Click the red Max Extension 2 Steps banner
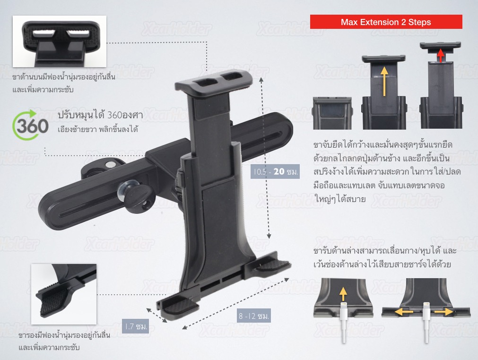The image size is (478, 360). click(x=386, y=22)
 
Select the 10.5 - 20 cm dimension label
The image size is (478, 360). click(x=275, y=171)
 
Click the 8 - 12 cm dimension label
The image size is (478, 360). click(x=254, y=316)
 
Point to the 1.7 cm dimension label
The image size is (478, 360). click(x=136, y=326)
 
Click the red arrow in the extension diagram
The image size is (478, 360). click(x=440, y=55)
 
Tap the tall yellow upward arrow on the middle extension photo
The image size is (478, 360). click(x=384, y=80)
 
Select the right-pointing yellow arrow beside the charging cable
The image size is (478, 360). click(x=444, y=311)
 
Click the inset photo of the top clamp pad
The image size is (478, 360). click(x=60, y=42)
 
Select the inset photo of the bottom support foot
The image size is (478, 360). click(x=64, y=294)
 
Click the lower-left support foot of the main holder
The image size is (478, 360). click(x=177, y=305)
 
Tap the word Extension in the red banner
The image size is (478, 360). click(x=382, y=22)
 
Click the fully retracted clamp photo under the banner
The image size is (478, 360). click(x=333, y=113)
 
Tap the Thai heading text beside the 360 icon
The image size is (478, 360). click(x=100, y=115)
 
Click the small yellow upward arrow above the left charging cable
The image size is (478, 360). click(x=343, y=294)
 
